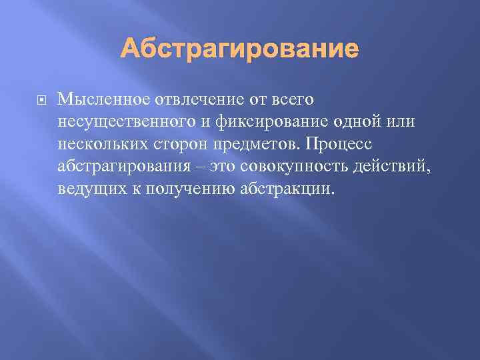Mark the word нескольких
(101, 145)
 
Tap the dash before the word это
(200, 167)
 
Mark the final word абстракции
(292, 189)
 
